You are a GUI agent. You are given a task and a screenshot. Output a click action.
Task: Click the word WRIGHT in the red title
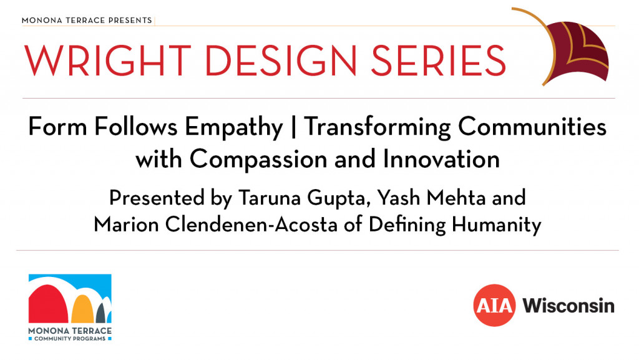[108, 61]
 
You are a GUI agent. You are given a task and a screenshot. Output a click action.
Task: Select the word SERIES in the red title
[438, 61]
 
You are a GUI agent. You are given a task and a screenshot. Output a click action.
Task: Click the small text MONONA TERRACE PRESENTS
[87, 21]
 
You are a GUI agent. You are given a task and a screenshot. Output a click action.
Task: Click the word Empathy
[233, 127]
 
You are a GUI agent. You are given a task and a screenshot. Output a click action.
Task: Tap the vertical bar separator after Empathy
[293, 127]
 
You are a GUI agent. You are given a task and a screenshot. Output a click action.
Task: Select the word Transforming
[377, 127]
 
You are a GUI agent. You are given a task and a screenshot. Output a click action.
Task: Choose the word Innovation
[441, 159]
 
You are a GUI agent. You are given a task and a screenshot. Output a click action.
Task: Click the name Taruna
[270, 198]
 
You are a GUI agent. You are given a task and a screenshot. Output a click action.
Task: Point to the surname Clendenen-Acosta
[251, 225]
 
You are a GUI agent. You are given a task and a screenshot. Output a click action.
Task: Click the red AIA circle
[494, 306]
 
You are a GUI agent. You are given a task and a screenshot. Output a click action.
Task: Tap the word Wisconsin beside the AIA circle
[568, 306]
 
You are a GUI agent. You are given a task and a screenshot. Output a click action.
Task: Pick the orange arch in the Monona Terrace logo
[83, 309]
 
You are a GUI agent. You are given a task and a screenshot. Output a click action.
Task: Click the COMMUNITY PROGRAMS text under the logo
[70, 339]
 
